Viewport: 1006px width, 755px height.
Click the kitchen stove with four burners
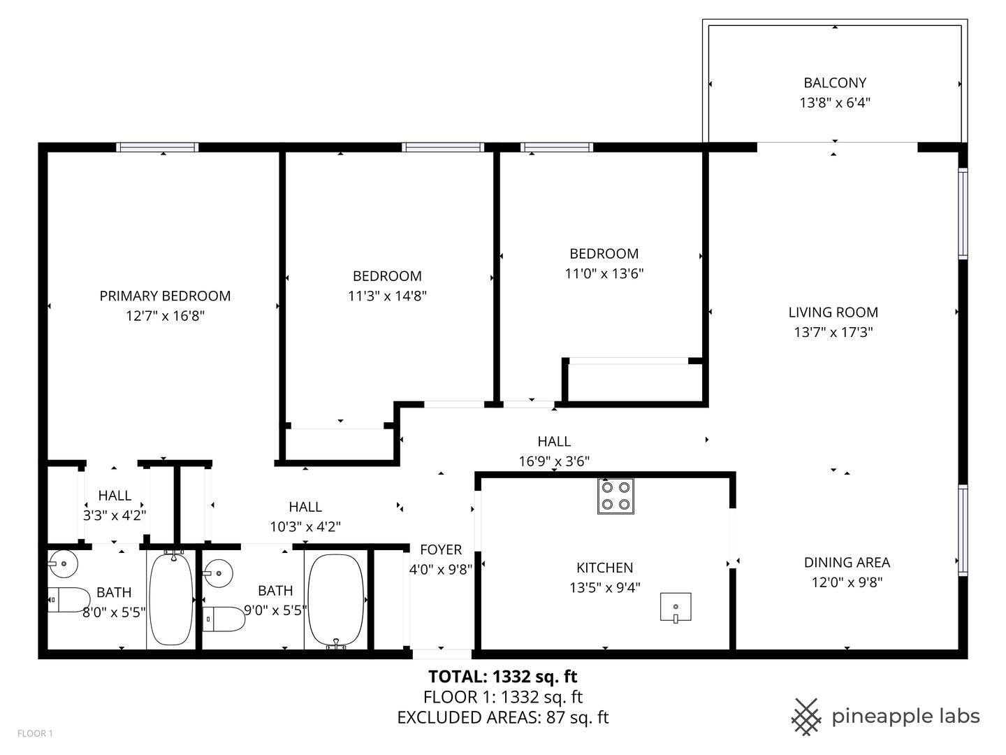[x=615, y=496]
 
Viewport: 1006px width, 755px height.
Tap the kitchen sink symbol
[x=676, y=607]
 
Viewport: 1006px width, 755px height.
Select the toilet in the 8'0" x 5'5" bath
[x=69, y=600]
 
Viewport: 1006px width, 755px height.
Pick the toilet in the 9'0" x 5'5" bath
[x=224, y=619]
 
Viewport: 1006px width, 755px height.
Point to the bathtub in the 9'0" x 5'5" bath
[x=336, y=601]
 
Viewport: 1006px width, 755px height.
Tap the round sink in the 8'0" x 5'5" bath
[x=63, y=563]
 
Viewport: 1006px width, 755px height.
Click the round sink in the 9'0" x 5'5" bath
[x=218, y=573]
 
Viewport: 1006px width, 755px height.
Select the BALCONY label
[x=835, y=82]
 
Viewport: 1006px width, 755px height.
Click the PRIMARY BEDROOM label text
[x=165, y=296]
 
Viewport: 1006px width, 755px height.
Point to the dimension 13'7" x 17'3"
[x=833, y=332]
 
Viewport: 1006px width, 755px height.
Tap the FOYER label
[x=441, y=549]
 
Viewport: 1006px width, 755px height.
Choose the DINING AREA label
[x=847, y=562]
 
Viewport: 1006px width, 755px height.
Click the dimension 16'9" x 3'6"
[x=554, y=461]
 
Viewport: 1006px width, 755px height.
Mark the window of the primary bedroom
[x=157, y=147]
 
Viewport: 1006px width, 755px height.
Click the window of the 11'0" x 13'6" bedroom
[x=556, y=147]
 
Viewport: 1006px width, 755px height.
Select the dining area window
[x=963, y=531]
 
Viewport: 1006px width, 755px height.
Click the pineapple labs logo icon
[x=806, y=717]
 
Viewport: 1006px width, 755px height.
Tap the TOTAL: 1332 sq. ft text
[x=503, y=677]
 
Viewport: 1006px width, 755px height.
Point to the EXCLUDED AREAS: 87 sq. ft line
[x=503, y=717]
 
